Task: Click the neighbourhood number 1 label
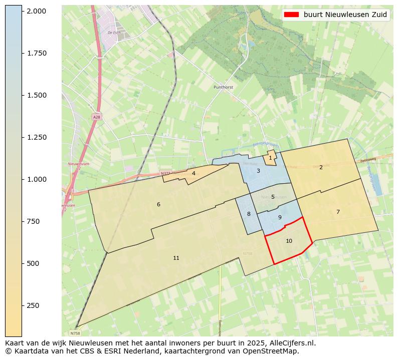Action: (x=270, y=158)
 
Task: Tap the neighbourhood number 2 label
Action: (x=321, y=167)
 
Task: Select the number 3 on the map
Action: (x=258, y=171)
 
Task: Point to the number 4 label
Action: (x=193, y=173)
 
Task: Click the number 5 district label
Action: (x=273, y=197)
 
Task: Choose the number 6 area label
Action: (x=158, y=204)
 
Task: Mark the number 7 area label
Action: (x=338, y=212)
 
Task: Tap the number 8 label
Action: (x=249, y=214)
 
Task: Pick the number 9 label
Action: (x=280, y=217)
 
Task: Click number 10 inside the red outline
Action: (x=289, y=241)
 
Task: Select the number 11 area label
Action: (x=176, y=258)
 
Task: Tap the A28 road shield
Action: (x=96, y=117)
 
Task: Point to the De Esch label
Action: (x=114, y=33)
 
